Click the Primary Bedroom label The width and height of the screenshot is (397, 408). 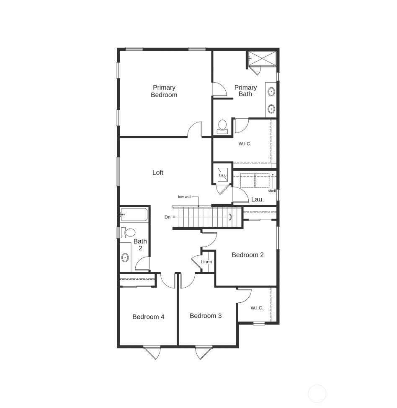164,91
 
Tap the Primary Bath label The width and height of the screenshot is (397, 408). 245,91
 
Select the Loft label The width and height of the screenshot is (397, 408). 158,172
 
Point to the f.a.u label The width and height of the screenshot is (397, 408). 222,175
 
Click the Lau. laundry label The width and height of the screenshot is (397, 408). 257,200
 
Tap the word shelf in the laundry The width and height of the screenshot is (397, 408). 272,191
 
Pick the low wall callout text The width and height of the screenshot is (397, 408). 185,197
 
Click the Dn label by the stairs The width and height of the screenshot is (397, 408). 168,217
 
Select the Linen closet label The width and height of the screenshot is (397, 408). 206,262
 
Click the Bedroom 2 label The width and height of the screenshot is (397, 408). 247,255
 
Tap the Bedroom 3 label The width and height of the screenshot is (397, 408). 206,316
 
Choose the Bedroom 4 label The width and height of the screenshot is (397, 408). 148,317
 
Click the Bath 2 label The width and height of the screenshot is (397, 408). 140,244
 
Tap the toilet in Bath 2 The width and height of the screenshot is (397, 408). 129,233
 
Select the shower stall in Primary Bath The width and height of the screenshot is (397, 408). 263,58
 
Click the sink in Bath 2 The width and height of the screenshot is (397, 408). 125,257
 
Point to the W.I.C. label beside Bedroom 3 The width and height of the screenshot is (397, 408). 257,308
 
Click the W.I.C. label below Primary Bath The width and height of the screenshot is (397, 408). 245,144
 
